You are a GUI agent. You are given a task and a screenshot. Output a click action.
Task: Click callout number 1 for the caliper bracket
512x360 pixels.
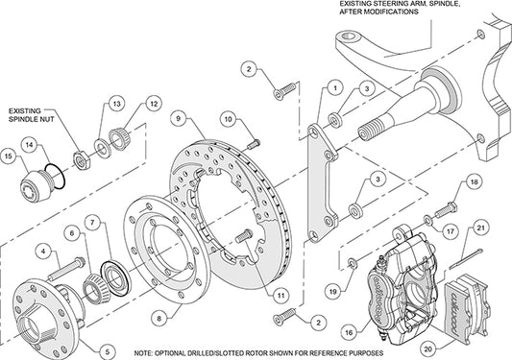tap(333, 87)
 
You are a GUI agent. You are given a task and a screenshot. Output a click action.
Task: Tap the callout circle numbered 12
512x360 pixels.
tap(152, 105)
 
